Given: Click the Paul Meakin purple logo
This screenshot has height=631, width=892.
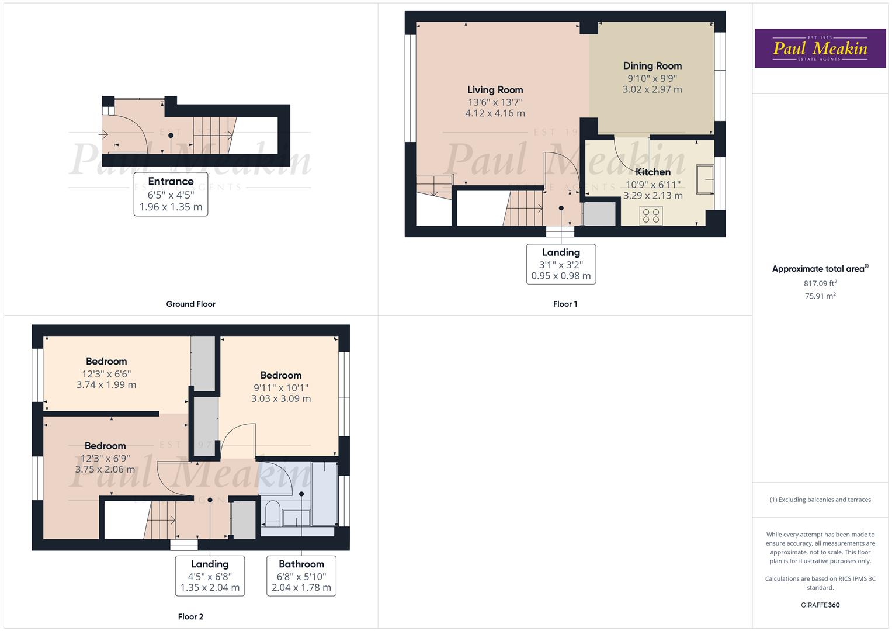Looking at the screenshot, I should tap(820, 48).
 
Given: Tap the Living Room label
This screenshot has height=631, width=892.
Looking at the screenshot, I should tap(495, 90).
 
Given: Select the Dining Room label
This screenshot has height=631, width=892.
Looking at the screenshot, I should tap(652, 66).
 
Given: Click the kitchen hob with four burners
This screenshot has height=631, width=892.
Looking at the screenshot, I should tap(651, 216).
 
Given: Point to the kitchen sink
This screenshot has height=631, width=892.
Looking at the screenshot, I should tap(705, 179).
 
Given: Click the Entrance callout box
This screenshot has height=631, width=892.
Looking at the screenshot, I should tap(171, 194).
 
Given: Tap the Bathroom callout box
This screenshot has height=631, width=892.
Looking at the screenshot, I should tap(301, 575).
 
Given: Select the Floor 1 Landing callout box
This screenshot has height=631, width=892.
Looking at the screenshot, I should tap(561, 264).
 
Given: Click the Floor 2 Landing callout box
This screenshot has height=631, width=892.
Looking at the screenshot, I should tap(210, 575).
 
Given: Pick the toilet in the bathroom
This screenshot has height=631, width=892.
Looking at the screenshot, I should tap(272, 512).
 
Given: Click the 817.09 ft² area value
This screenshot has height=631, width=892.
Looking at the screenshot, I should tap(820, 283).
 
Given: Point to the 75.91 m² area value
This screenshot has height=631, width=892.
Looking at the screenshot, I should tap(820, 296).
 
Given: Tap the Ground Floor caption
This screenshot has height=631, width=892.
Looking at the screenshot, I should tap(190, 304).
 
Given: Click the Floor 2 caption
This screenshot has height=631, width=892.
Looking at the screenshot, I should tap(190, 616).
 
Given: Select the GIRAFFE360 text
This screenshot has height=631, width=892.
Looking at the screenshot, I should tap(820, 605).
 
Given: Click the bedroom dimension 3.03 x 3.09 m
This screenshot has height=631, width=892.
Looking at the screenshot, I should tap(281, 399).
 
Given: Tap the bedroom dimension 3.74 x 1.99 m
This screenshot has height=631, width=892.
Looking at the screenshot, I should tap(106, 385).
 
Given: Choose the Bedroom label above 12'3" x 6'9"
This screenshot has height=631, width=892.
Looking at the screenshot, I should tap(105, 446).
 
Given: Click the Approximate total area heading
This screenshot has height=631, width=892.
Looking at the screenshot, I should tap(819, 269).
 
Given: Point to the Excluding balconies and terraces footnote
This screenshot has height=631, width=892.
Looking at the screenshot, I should tap(820, 500).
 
